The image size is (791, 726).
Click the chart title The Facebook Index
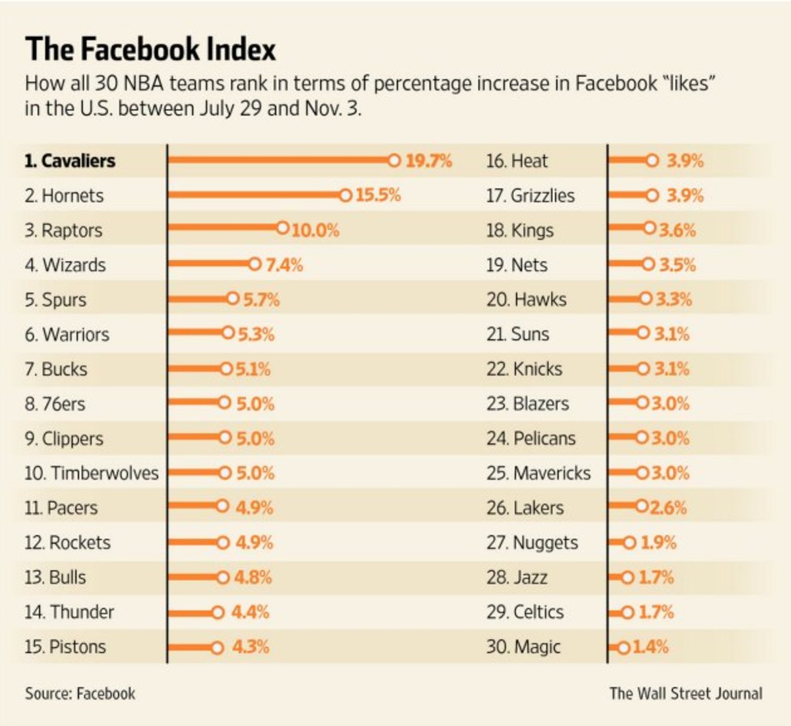coord(150,49)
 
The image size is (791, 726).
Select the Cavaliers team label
coord(70,161)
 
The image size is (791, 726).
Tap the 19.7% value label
coord(428,161)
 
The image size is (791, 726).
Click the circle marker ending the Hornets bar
coord(345,195)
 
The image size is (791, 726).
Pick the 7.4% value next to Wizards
coord(284,265)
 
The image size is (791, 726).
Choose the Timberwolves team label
coord(92,473)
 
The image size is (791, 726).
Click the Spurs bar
coord(198,299)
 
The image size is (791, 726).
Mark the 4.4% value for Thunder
coord(250,612)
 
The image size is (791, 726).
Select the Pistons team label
coord(65,647)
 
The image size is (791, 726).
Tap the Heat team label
coord(517,161)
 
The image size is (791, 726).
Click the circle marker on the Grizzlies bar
coord(652,195)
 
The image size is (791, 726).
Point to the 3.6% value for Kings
coord(678,230)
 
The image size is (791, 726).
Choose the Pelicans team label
coord(531,439)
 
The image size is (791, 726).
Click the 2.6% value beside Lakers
coord(668,508)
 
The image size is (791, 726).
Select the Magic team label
coord(523,647)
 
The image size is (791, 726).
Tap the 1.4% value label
coord(651,647)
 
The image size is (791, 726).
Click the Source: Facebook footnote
coord(80,694)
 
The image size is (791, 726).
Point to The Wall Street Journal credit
coord(686,694)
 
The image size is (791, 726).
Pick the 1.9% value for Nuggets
coord(659,543)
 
